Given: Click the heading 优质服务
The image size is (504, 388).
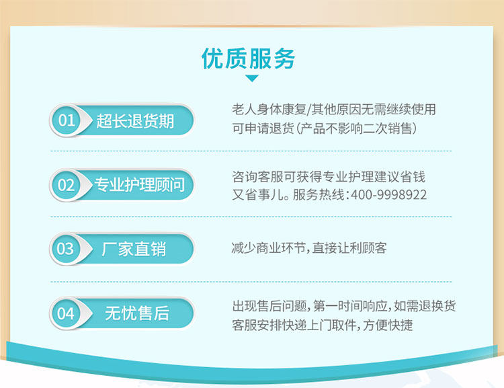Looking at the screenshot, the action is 248,59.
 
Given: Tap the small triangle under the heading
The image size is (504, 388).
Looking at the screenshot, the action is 252,78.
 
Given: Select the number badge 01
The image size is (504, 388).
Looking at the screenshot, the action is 66,120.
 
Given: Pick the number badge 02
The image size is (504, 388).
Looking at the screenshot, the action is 66,185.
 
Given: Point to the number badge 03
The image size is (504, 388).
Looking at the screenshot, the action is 65,249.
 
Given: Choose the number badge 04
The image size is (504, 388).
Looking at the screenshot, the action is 66,313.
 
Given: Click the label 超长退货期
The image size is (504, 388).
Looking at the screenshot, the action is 135,121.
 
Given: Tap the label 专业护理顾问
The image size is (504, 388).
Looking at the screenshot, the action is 139,185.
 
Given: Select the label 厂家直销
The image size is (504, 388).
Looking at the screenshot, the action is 134,249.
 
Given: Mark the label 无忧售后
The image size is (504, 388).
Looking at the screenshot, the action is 137,313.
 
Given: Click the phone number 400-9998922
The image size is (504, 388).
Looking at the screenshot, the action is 388,195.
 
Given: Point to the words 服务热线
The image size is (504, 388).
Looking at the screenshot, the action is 319,195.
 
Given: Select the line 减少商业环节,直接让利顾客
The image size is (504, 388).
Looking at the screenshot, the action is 309,248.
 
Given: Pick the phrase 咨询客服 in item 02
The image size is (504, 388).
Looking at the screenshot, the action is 257,177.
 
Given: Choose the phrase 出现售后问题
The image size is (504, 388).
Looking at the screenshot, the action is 269,306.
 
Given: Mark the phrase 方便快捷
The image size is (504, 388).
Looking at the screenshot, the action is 388,325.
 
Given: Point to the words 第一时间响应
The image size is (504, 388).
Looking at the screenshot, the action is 350,306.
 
